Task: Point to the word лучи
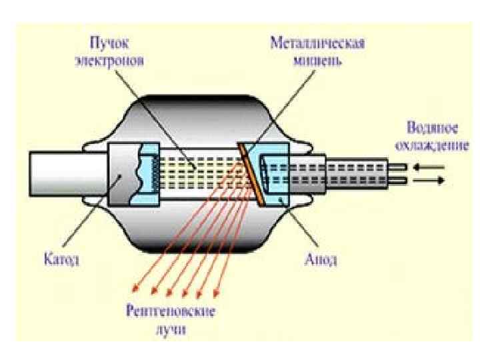tap(174, 328)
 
